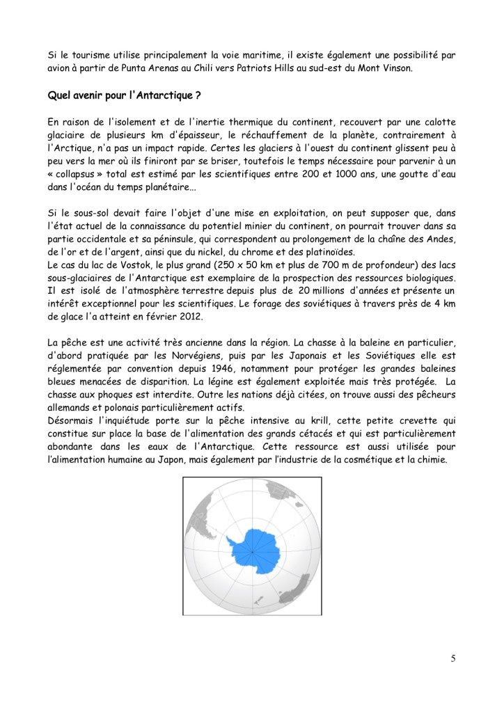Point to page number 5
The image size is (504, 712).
coord(453,660)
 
